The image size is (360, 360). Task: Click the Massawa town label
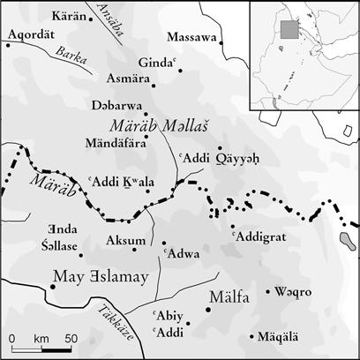193,39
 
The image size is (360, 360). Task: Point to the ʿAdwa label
181,255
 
